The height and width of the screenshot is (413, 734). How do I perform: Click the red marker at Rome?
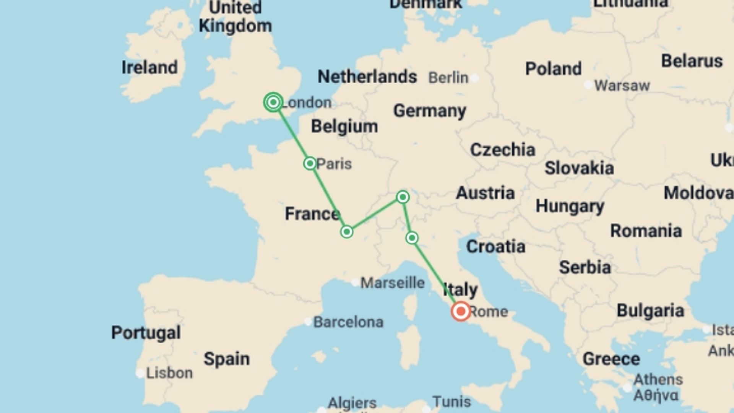tap(461, 311)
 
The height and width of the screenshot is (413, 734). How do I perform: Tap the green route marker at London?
tap(273, 102)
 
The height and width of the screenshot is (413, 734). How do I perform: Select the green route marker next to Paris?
tap(310, 164)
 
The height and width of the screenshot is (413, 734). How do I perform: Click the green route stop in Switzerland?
tap(403, 197)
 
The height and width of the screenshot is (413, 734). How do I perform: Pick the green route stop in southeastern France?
tap(347, 232)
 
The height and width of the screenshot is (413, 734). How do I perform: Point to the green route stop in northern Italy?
tap(412, 238)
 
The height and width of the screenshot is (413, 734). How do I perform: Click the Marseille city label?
tap(393, 283)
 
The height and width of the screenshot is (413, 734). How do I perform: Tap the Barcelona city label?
tap(348, 322)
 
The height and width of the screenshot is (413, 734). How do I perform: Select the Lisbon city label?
tap(169, 373)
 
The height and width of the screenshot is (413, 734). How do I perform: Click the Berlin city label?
tap(448, 78)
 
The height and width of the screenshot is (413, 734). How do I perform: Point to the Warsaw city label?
tap(622, 86)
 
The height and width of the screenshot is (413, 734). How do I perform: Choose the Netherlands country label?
tap(367, 77)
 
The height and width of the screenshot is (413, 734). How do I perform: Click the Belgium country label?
tap(344, 127)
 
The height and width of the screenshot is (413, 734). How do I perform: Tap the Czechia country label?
tap(502, 150)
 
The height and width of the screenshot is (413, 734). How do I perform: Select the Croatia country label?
tap(495, 247)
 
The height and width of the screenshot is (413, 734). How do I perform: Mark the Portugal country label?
tap(146, 333)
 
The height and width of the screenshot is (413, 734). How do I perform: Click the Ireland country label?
tap(149, 68)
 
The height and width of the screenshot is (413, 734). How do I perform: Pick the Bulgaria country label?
tap(650, 311)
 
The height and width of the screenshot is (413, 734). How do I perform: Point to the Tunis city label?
tap(451, 402)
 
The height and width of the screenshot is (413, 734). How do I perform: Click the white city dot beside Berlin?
tap(475, 78)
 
